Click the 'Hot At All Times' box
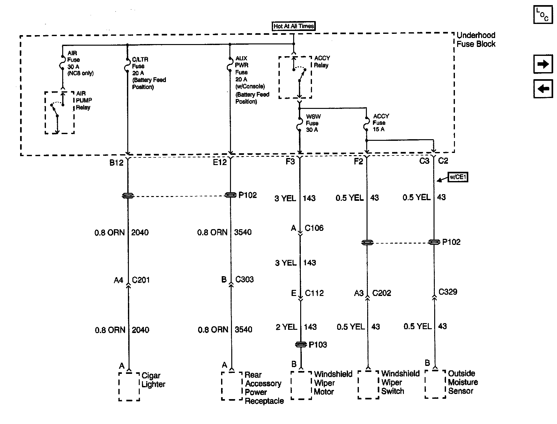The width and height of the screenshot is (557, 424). coord(293,26)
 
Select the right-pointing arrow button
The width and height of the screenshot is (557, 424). coord(543,64)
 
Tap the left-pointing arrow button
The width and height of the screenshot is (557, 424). coord(543,88)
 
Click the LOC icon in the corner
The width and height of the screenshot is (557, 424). coord(543,15)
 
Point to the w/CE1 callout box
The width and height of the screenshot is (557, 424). coord(458,177)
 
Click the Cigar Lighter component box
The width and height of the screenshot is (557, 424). coord(129,386)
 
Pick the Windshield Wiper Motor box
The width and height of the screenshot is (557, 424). coord(301,385)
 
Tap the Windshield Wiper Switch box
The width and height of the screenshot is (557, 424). coord(368,385)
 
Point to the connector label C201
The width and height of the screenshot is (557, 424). coord(141,280)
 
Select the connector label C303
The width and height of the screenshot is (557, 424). coord(244,279)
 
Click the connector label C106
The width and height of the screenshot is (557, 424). coord(314,228)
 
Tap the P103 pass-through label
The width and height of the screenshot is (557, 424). coord(318,344)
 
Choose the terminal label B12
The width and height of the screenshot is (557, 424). coord(116,163)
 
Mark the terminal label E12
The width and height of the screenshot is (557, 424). coord(219,162)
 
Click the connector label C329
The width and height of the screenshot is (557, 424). coord(448,292)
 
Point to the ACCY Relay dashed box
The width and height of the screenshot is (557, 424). coord(295,78)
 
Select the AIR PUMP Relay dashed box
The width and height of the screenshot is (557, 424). coord(60,113)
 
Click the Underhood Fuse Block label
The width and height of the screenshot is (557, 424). coord(476,40)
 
